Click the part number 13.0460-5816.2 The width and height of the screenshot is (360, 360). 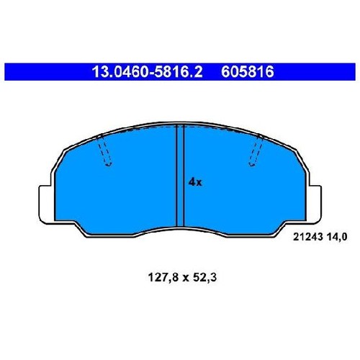147,72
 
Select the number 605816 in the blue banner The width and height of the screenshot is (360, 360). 247,72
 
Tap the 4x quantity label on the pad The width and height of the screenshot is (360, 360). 195,183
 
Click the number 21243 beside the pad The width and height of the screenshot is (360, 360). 307,237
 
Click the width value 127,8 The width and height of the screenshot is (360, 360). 163,278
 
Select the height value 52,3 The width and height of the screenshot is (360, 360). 204,278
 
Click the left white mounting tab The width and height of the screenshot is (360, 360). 46,204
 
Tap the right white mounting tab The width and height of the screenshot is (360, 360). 313,204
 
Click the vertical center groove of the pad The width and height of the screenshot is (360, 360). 180,176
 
